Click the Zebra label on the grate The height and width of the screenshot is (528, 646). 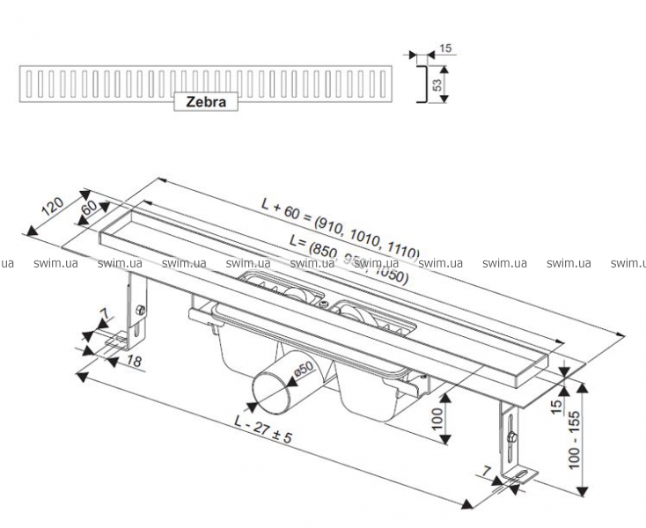click(206, 102)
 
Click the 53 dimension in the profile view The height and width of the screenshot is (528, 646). click(435, 84)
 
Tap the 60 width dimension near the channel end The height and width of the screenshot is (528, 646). click(88, 209)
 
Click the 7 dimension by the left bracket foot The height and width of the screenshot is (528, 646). click(103, 314)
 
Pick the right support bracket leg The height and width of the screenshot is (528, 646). click(509, 436)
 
